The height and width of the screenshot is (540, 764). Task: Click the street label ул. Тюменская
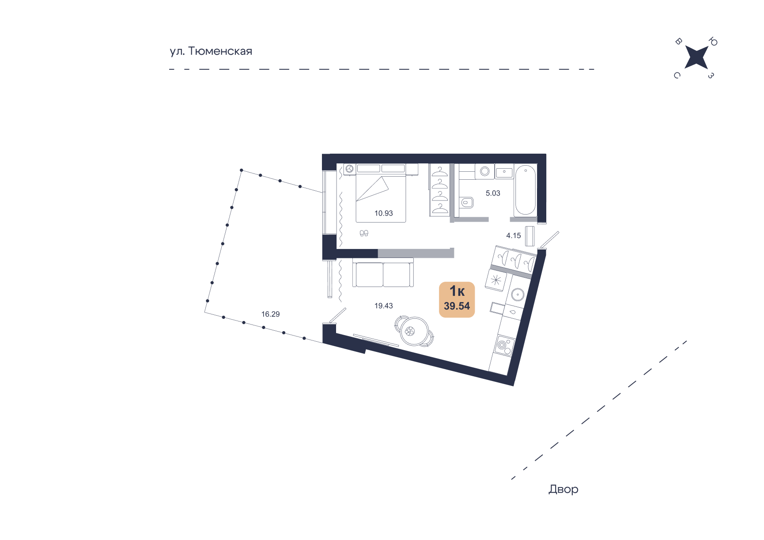[211, 51]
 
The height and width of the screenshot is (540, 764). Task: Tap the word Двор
[563, 489]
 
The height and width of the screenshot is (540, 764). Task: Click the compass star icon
[696, 58]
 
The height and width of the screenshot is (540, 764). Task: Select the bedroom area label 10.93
[383, 213]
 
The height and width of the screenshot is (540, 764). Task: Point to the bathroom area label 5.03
[493, 193]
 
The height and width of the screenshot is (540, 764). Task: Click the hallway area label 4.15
[513, 236]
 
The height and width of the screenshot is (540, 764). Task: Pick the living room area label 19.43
[383, 306]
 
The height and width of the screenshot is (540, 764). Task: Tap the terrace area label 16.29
[270, 314]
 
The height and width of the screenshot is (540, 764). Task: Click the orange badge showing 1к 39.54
[457, 299]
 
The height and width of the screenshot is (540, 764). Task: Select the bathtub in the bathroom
[525, 190]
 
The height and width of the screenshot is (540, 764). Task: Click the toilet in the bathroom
[466, 203]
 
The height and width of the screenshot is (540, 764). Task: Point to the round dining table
[413, 331]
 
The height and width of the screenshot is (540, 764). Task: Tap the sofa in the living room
[383, 274]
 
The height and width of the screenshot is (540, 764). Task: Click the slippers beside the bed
[364, 233]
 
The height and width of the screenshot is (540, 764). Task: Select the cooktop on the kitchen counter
[503, 345]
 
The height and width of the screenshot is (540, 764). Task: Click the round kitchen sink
[517, 294]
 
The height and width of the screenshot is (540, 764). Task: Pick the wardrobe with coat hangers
[440, 190]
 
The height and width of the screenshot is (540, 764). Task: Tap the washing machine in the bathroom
[484, 171]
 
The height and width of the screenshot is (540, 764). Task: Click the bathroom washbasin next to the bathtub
[504, 172]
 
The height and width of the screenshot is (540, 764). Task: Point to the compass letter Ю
[713, 42]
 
